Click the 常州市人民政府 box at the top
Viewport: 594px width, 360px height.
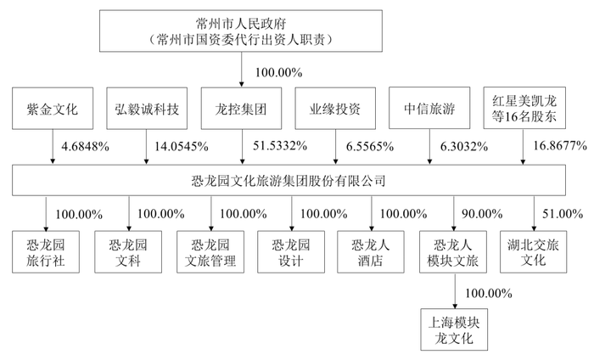click(x=241, y=31)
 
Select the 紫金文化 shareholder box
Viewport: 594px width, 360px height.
click(x=53, y=109)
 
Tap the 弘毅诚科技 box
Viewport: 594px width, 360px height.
click(x=147, y=109)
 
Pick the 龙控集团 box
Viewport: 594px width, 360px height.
click(x=241, y=109)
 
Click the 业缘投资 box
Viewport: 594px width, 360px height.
click(x=335, y=109)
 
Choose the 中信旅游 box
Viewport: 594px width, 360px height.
click(x=429, y=108)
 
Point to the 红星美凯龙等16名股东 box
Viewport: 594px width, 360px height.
click(x=524, y=108)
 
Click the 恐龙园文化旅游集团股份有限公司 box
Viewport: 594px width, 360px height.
click(x=289, y=180)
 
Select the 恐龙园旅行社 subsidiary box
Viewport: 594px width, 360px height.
click(x=46, y=252)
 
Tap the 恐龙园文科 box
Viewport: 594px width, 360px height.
click(x=128, y=252)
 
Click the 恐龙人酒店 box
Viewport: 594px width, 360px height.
click(x=371, y=252)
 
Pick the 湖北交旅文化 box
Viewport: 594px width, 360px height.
click(x=534, y=252)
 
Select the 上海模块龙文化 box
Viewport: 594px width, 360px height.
click(x=454, y=329)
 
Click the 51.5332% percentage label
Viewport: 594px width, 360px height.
click(x=280, y=146)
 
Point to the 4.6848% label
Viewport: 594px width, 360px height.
click(x=85, y=146)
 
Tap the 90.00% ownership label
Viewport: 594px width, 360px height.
click(x=482, y=214)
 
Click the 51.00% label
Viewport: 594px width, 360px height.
click(x=563, y=214)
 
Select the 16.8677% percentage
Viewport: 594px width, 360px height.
click(x=560, y=145)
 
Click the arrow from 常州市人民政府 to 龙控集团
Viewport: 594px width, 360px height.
click(x=241, y=70)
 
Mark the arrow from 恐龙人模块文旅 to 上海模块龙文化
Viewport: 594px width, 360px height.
click(x=455, y=290)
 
